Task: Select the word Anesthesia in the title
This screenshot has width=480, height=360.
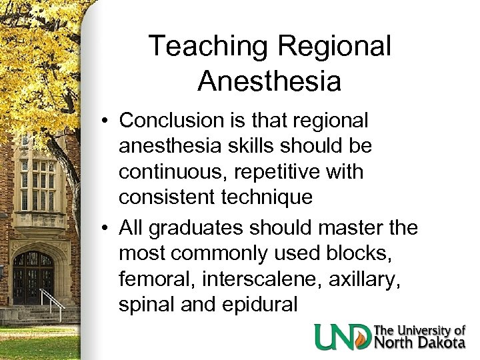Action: click(x=269, y=81)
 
